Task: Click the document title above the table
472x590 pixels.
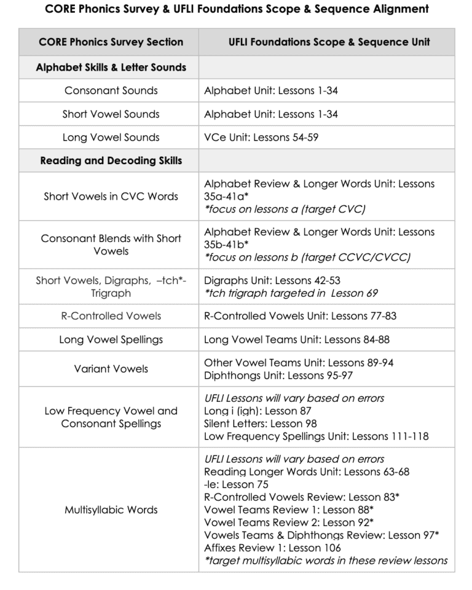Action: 237,9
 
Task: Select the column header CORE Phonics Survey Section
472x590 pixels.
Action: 111,42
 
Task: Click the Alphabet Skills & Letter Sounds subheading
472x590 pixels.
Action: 111,68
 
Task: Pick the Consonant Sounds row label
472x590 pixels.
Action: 111,91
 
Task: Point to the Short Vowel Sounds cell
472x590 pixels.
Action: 111,114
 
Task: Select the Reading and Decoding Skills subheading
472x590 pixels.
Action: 111,161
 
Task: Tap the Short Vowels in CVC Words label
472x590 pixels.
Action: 111,197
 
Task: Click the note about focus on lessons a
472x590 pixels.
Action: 285,210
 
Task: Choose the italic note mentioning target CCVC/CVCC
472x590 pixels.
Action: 307,258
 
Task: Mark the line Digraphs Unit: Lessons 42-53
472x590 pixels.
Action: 272,281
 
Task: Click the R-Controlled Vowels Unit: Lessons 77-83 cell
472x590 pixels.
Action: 300,317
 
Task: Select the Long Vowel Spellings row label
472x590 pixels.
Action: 111,340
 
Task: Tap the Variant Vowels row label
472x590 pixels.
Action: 111,369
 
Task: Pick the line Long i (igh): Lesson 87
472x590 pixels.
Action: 258,411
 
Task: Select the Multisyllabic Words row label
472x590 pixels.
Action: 111,510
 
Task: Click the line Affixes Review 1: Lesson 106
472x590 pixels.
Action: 272,548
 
